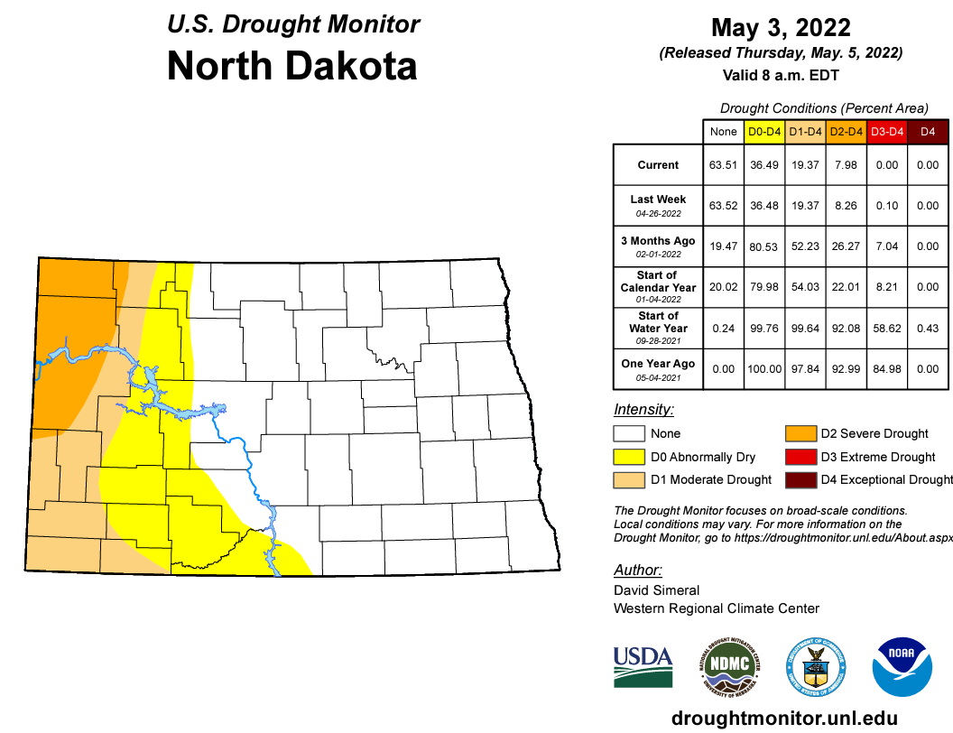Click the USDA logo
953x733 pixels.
pos(643,667)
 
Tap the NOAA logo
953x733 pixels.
pos(902,667)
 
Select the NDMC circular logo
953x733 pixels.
pos(731,667)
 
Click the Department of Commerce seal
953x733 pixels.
pos(816,667)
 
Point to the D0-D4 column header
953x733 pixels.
pos(764,132)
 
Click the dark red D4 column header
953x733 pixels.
pos(927,132)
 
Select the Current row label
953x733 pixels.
pos(658,165)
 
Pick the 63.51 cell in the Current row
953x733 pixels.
pos(724,165)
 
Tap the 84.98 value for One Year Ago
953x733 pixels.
pos(886,368)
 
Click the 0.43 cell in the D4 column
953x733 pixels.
pos(927,328)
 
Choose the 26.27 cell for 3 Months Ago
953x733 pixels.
pos(846,246)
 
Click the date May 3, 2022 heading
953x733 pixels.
pos(781,27)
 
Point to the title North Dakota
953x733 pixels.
pos(292,66)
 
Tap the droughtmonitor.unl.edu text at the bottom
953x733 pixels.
pos(781,718)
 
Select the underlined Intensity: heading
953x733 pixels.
pos(643,409)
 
